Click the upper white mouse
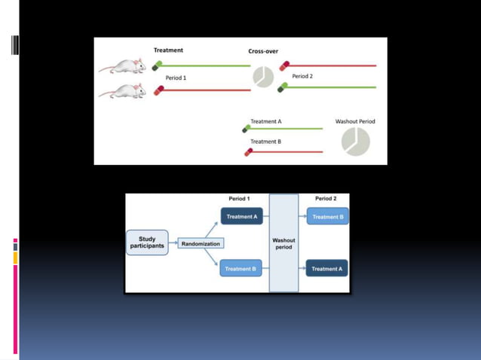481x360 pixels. (x=123, y=66)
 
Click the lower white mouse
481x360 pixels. (x=123, y=91)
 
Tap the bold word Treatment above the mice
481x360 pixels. (x=168, y=50)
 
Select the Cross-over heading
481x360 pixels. (x=263, y=51)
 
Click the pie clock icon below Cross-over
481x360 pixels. (x=263, y=77)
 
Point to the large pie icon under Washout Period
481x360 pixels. (x=355, y=142)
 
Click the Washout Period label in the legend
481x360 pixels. (x=355, y=121)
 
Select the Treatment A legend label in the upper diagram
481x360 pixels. (x=265, y=121)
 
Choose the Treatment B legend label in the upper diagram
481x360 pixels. (x=265, y=141)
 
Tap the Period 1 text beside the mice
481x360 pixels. (x=176, y=78)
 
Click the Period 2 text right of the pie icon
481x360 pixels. (x=302, y=76)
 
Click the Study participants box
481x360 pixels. (x=147, y=243)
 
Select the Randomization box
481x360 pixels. (x=201, y=243)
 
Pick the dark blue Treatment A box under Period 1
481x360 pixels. (x=241, y=216)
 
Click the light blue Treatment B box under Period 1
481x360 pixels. (x=241, y=268)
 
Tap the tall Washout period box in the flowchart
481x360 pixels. (x=283, y=243)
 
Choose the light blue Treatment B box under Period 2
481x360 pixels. (x=327, y=216)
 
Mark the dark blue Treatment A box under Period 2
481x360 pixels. (x=327, y=268)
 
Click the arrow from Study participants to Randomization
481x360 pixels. (x=173, y=243)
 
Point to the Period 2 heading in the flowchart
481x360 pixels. (x=326, y=199)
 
